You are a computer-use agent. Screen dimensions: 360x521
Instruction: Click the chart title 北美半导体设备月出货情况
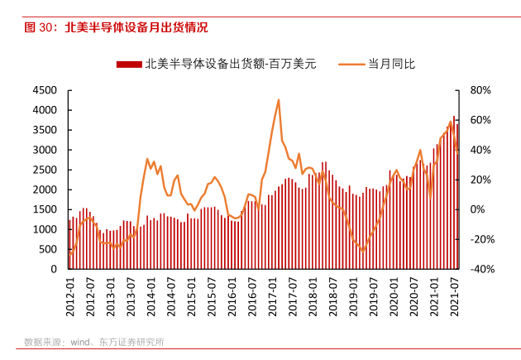tap(136, 27)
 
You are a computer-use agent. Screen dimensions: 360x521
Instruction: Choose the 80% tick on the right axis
tap(480, 90)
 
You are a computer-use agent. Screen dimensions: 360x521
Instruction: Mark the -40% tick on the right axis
tap(482, 269)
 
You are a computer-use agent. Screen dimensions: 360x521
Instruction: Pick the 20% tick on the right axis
tap(480, 180)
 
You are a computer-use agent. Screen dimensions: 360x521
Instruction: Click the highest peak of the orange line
tap(279, 100)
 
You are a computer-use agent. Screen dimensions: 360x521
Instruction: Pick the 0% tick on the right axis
tap(477, 209)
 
